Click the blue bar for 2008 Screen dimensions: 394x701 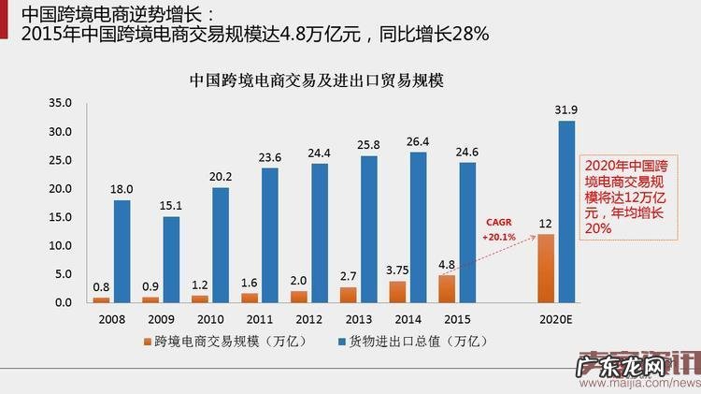pyautogui.click(x=122, y=251)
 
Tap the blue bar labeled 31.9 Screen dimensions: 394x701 pyautogui.click(x=566, y=212)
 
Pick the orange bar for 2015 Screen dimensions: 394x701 pyautogui.click(x=447, y=288)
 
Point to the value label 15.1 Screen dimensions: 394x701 pyautogui.click(x=171, y=206)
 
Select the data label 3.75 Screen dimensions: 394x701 pyautogui.click(x=397, y=270)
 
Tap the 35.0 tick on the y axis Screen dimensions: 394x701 pyautogui.click(x=59, y=103)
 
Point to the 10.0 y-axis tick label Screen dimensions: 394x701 pyautogui.click(x=59, y=246)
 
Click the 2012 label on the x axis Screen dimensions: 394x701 pyautogui.click(x=309, y=318)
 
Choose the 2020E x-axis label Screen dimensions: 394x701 pyautogui.click(x=556, y=318)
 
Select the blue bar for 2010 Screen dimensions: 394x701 pyautogui.click(x=221, y=245)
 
